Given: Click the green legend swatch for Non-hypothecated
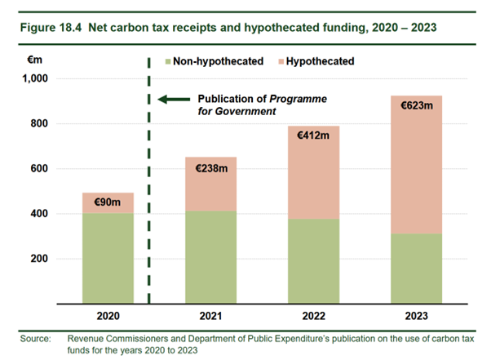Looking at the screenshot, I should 168,60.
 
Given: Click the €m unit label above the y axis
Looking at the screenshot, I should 40,60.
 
